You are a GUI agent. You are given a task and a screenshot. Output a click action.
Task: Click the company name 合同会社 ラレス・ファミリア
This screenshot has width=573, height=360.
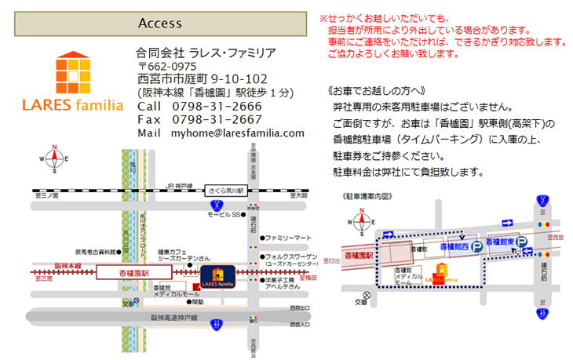click(206, 53)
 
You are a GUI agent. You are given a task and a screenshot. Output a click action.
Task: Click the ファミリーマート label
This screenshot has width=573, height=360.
click(288, 238)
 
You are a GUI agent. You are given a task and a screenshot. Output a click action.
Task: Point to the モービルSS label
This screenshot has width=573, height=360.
click(223, 214)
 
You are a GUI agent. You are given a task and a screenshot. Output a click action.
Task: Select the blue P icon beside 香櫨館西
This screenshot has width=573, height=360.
click(476, 246)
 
